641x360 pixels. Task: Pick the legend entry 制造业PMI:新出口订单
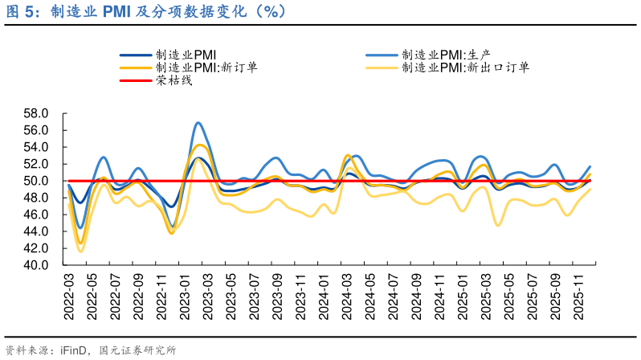tap(465, 67)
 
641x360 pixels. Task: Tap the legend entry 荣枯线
tap(174, 80)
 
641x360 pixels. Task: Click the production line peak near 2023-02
tap(198, 123)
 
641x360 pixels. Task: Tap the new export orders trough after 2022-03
tap(80, 252)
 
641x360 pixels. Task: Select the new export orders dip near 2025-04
tap(498, 225)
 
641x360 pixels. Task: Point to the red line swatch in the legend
tap(137, 80)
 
